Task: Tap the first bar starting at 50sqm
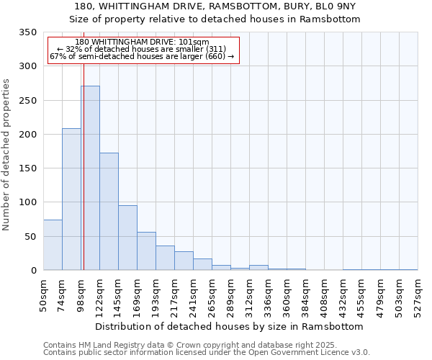[53, 245]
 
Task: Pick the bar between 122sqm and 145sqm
[109, 212]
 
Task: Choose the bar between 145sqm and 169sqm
[127, 238]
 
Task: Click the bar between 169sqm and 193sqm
[146, 251]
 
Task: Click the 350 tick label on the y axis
[27, 32]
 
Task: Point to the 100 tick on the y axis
[27, 202]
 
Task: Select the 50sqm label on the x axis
[44, 293]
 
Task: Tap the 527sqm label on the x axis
[418, 294]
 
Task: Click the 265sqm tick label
[212, 294]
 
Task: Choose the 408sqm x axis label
[325, 294]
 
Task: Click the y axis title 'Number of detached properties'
[6, 155]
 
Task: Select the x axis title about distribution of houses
[229, 326]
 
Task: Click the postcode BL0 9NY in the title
[336, 6]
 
